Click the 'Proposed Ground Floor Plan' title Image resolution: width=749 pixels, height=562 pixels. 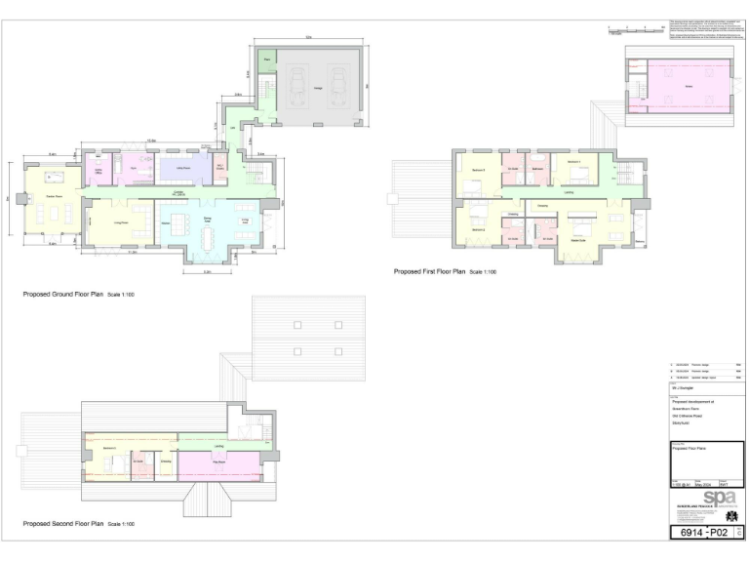[78, 293]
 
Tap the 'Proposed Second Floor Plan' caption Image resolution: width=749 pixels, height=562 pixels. [78, 524]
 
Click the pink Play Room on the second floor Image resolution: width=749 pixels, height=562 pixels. [218, 460]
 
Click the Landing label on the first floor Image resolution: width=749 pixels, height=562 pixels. [568, 193]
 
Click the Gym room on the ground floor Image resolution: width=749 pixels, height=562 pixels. [135, 170]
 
